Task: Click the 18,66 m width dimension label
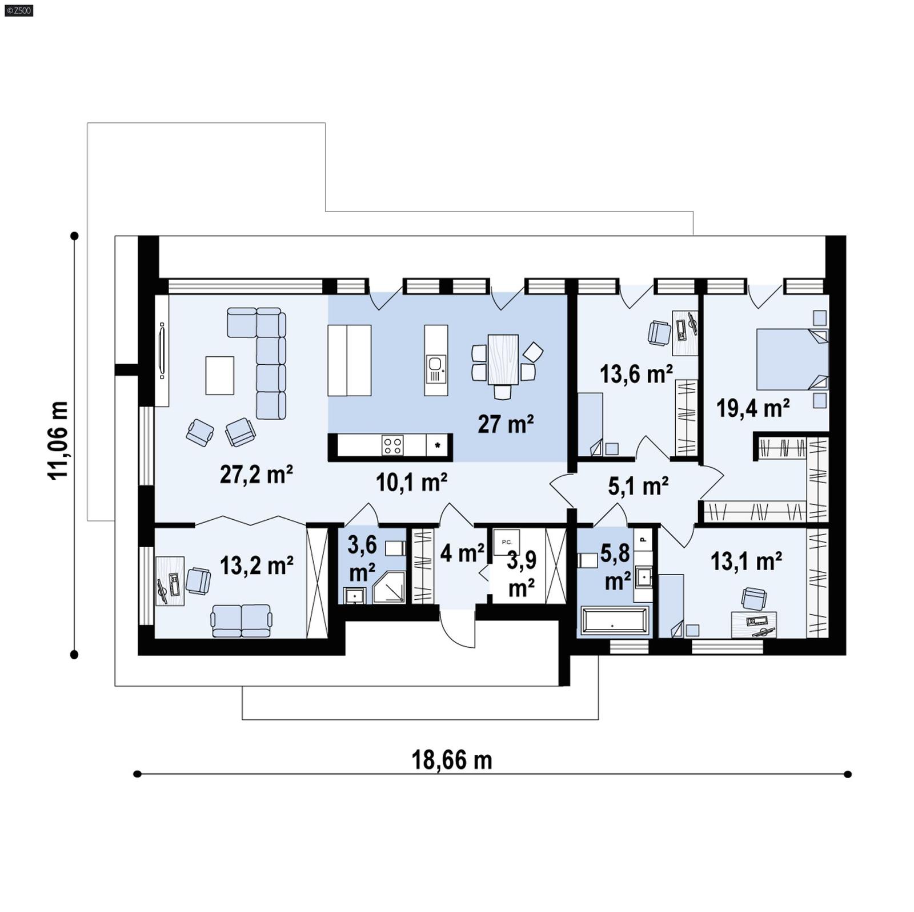tap(451, 760)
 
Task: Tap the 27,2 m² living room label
tap(256, 474)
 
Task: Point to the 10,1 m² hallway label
tap(411, 483)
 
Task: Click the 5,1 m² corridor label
tap(638, 486)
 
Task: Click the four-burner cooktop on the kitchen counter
tap(392, 445)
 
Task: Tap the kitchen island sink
tap(435, 364)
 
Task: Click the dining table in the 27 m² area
tap(503, 359)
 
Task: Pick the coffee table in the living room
tap(219, 375)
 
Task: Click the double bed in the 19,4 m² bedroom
tap(791, 359)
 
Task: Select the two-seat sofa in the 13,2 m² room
tap(241, 620)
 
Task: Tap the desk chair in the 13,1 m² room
tap(753, 599)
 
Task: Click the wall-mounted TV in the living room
tap(162, 351)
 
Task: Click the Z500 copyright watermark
tap(18, 10)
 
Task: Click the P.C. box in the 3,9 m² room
tap(507, 542)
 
